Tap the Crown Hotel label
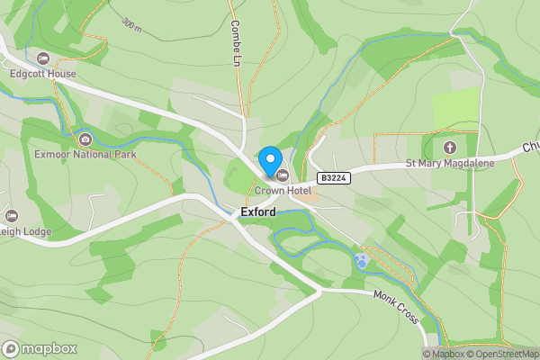[x=283, y=190]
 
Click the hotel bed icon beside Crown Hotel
[x=283, y=175]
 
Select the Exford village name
[x=257, y=212]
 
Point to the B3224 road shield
[x=332, y=179]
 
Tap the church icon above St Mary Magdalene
[x=450, y=147]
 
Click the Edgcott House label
[x=42, y=75]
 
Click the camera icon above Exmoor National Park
[x=85, y=139]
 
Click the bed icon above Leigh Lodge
[x=12, y=215]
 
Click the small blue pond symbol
[x=362, y=261]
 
